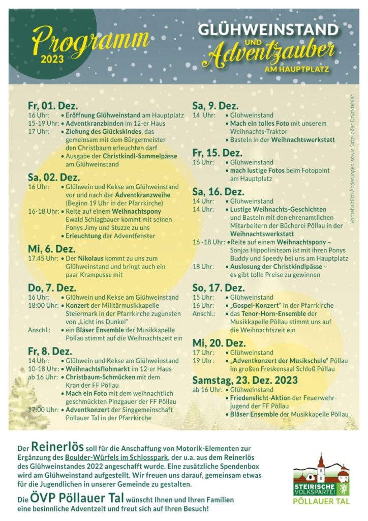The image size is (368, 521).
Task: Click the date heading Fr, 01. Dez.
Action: click(x=53, y=106)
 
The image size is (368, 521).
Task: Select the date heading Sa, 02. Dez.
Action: click(x=53, y=178)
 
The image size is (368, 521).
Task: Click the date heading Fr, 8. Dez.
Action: click(x=50, y=351)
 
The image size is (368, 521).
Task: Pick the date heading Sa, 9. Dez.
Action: click(x=216, y=106)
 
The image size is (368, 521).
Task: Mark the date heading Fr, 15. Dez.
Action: click(x=217, y=153)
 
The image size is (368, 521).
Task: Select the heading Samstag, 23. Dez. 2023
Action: click(x=245, y=381)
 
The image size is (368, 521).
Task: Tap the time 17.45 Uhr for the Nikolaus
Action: click(x=43, y=258)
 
